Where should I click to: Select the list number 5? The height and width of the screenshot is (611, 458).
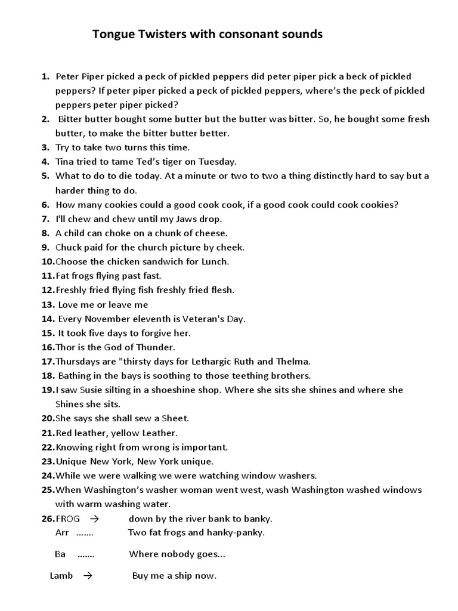click(x=45, y=176)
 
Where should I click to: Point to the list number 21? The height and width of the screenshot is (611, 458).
click(x=48, y=433)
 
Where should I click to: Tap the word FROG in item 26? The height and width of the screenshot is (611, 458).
click(x=67, y=519)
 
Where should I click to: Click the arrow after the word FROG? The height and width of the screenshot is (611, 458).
click(x=94, y=519)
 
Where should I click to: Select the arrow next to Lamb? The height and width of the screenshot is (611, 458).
click(x=88, y=576)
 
